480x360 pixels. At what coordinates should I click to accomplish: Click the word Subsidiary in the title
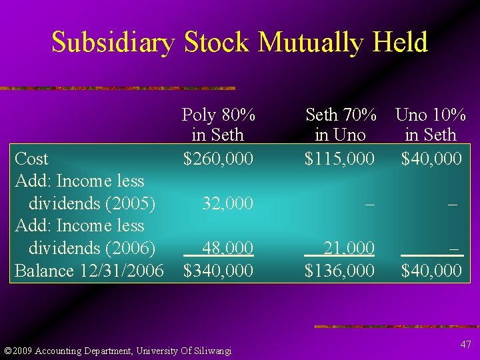pos(113,43)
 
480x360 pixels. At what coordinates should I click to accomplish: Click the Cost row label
pos(31,159)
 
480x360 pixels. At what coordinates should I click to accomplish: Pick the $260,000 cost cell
pos(218,159)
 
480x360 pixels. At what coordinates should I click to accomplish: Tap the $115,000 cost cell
pos(339,159)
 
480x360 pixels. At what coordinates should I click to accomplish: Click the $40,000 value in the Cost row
pos(431,159)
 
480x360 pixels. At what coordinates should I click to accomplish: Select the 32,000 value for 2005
pos(227,203)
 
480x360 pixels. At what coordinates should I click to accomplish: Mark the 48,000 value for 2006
pos(227,248)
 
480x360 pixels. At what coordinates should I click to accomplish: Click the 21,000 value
pos(349,248)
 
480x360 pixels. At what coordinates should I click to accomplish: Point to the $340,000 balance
pos(218,271)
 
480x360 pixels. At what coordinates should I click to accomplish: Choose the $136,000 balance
pos(339,271)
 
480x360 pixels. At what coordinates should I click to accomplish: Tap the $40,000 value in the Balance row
pos(431,271)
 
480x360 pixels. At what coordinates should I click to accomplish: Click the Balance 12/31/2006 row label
pos(89,271)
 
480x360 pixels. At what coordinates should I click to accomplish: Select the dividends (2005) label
pos(92,203)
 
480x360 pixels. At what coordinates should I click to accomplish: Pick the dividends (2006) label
pos(92,248)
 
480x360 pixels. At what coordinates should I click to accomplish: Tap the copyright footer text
pos(118,351)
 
